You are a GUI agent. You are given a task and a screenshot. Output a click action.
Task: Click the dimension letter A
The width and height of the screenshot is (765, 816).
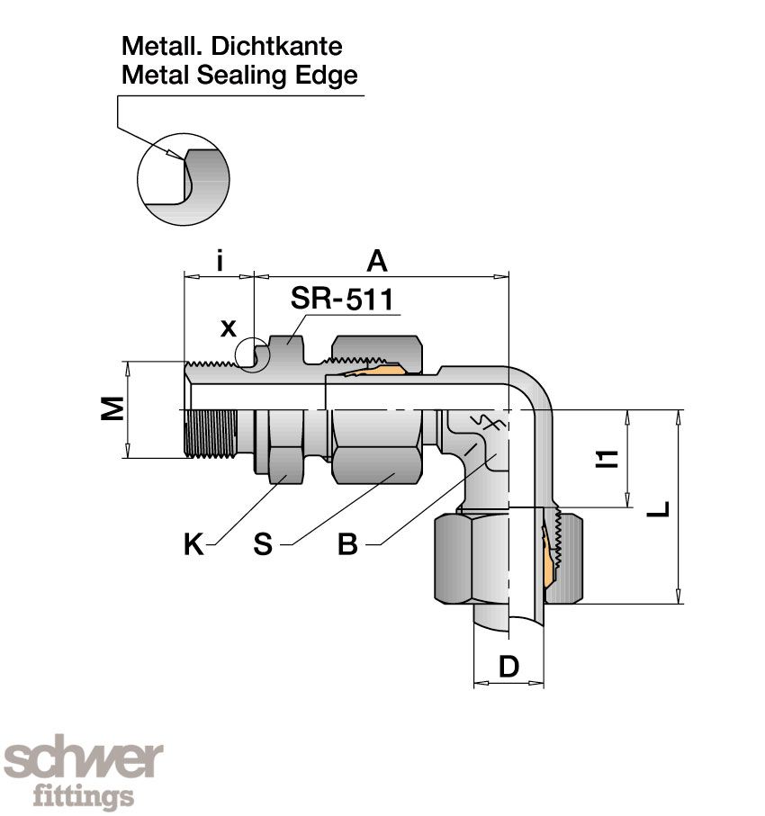click(x=377, y=261)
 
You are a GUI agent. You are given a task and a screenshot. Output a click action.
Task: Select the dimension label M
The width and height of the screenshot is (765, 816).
click(x=112, y=410)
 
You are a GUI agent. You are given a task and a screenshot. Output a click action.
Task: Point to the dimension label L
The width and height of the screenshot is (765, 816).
click(x=660, y=507)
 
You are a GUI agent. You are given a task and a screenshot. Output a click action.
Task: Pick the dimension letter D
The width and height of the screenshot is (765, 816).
click(x=508, y=667)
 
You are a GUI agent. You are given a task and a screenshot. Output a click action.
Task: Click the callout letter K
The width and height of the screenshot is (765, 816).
click(x=193, y=544)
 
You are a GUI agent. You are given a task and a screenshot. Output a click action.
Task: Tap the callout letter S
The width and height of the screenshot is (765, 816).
click(x=262, y=544)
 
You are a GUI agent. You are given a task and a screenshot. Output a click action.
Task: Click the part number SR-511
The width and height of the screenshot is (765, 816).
click(x=342, y=300)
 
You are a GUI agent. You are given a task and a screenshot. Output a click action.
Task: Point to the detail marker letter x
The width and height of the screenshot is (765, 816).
click(x=229, y=327)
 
